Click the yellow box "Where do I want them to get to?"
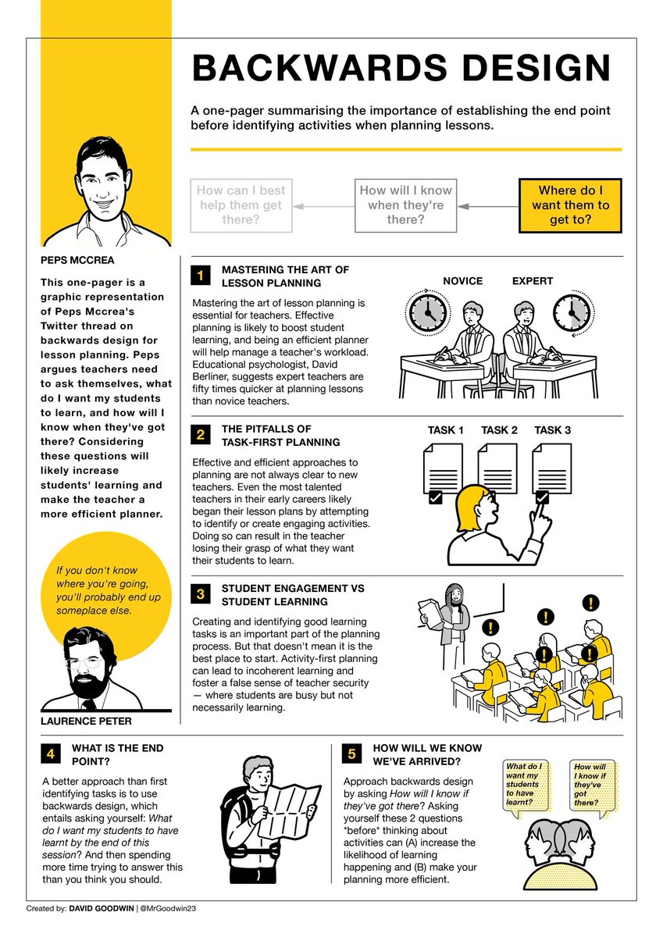click(570, 205)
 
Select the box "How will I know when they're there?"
click(405, 205)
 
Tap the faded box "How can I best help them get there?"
click(241, 205)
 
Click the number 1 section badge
click(201, 276)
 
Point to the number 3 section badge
click(201, 595)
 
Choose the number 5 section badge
click(352, 754)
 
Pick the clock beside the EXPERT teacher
click(572, 312)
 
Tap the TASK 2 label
click(499, 430)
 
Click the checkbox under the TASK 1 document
click(436, 497)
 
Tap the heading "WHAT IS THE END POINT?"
click(117, 754)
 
